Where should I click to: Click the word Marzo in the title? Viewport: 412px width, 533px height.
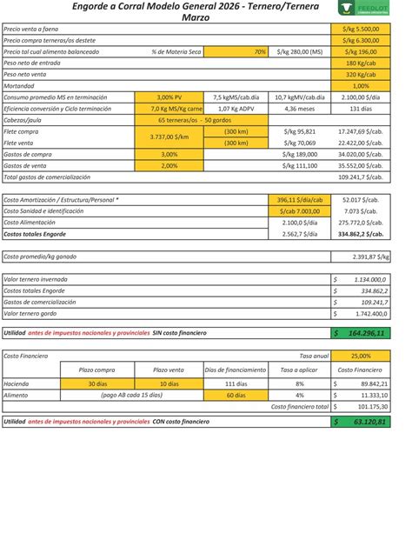[200, 17]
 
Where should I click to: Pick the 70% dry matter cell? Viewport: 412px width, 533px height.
[246, 52]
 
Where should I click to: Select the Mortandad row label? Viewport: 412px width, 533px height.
[23, 86]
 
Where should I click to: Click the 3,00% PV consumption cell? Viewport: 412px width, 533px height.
[169, 97]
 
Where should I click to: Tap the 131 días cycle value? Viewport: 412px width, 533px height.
[361, 109]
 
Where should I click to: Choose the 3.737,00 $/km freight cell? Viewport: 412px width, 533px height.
[169, 137]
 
